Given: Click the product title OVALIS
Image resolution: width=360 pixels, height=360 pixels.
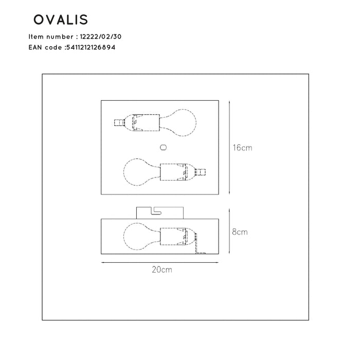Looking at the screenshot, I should (x=61, y=20).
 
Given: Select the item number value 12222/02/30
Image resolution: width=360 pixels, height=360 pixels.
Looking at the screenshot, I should (x=101, y=37).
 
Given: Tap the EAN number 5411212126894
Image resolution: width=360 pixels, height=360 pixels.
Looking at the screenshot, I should (x=91, y=47).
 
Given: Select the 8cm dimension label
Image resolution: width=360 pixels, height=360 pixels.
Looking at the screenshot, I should (x=240, y=232).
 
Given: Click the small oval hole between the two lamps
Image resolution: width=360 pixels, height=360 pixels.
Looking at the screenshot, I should (x=164, y=147).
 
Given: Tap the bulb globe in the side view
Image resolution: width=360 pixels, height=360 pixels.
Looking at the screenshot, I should (x=138, y=236).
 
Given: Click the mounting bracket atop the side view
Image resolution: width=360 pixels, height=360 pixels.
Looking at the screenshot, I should (x=160, y=212).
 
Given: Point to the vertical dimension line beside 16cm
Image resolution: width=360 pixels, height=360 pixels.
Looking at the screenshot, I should (x=229, y=148).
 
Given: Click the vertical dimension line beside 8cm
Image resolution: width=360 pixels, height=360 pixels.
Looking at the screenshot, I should (x=229, y=231).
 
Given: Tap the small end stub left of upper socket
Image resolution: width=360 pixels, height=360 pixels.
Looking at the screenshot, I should (x=119, y=123).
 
